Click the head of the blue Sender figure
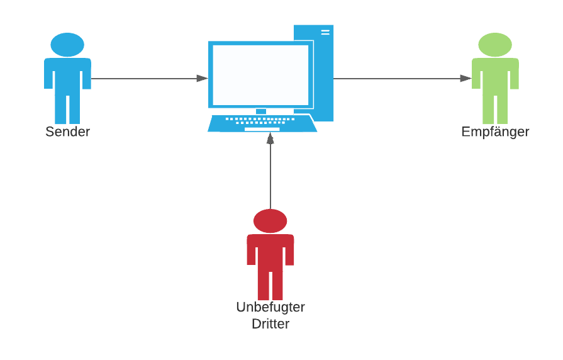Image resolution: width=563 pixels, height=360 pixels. [67, 45]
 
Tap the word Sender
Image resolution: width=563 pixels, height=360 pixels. [67, 132]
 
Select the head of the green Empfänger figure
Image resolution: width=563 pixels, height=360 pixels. [495, 45]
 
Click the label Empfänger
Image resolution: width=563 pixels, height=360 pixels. [495, 132]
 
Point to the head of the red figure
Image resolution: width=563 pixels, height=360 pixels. [270, 221]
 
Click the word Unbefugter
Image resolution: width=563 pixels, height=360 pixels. [270, 308]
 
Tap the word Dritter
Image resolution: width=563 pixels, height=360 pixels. [270, 324]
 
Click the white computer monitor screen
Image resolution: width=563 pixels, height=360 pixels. [260, 74]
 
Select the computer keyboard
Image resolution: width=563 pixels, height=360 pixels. [262, 123]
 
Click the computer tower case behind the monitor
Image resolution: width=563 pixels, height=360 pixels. [323, 69]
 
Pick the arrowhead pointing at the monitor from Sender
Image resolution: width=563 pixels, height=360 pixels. [202, 79]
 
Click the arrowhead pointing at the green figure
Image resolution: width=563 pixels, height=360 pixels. [465, 79]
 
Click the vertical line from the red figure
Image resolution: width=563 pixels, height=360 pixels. [270, 176]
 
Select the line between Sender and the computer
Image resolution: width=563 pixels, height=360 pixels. [145, 79]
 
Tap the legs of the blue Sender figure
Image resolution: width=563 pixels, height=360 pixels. [67, 107]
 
